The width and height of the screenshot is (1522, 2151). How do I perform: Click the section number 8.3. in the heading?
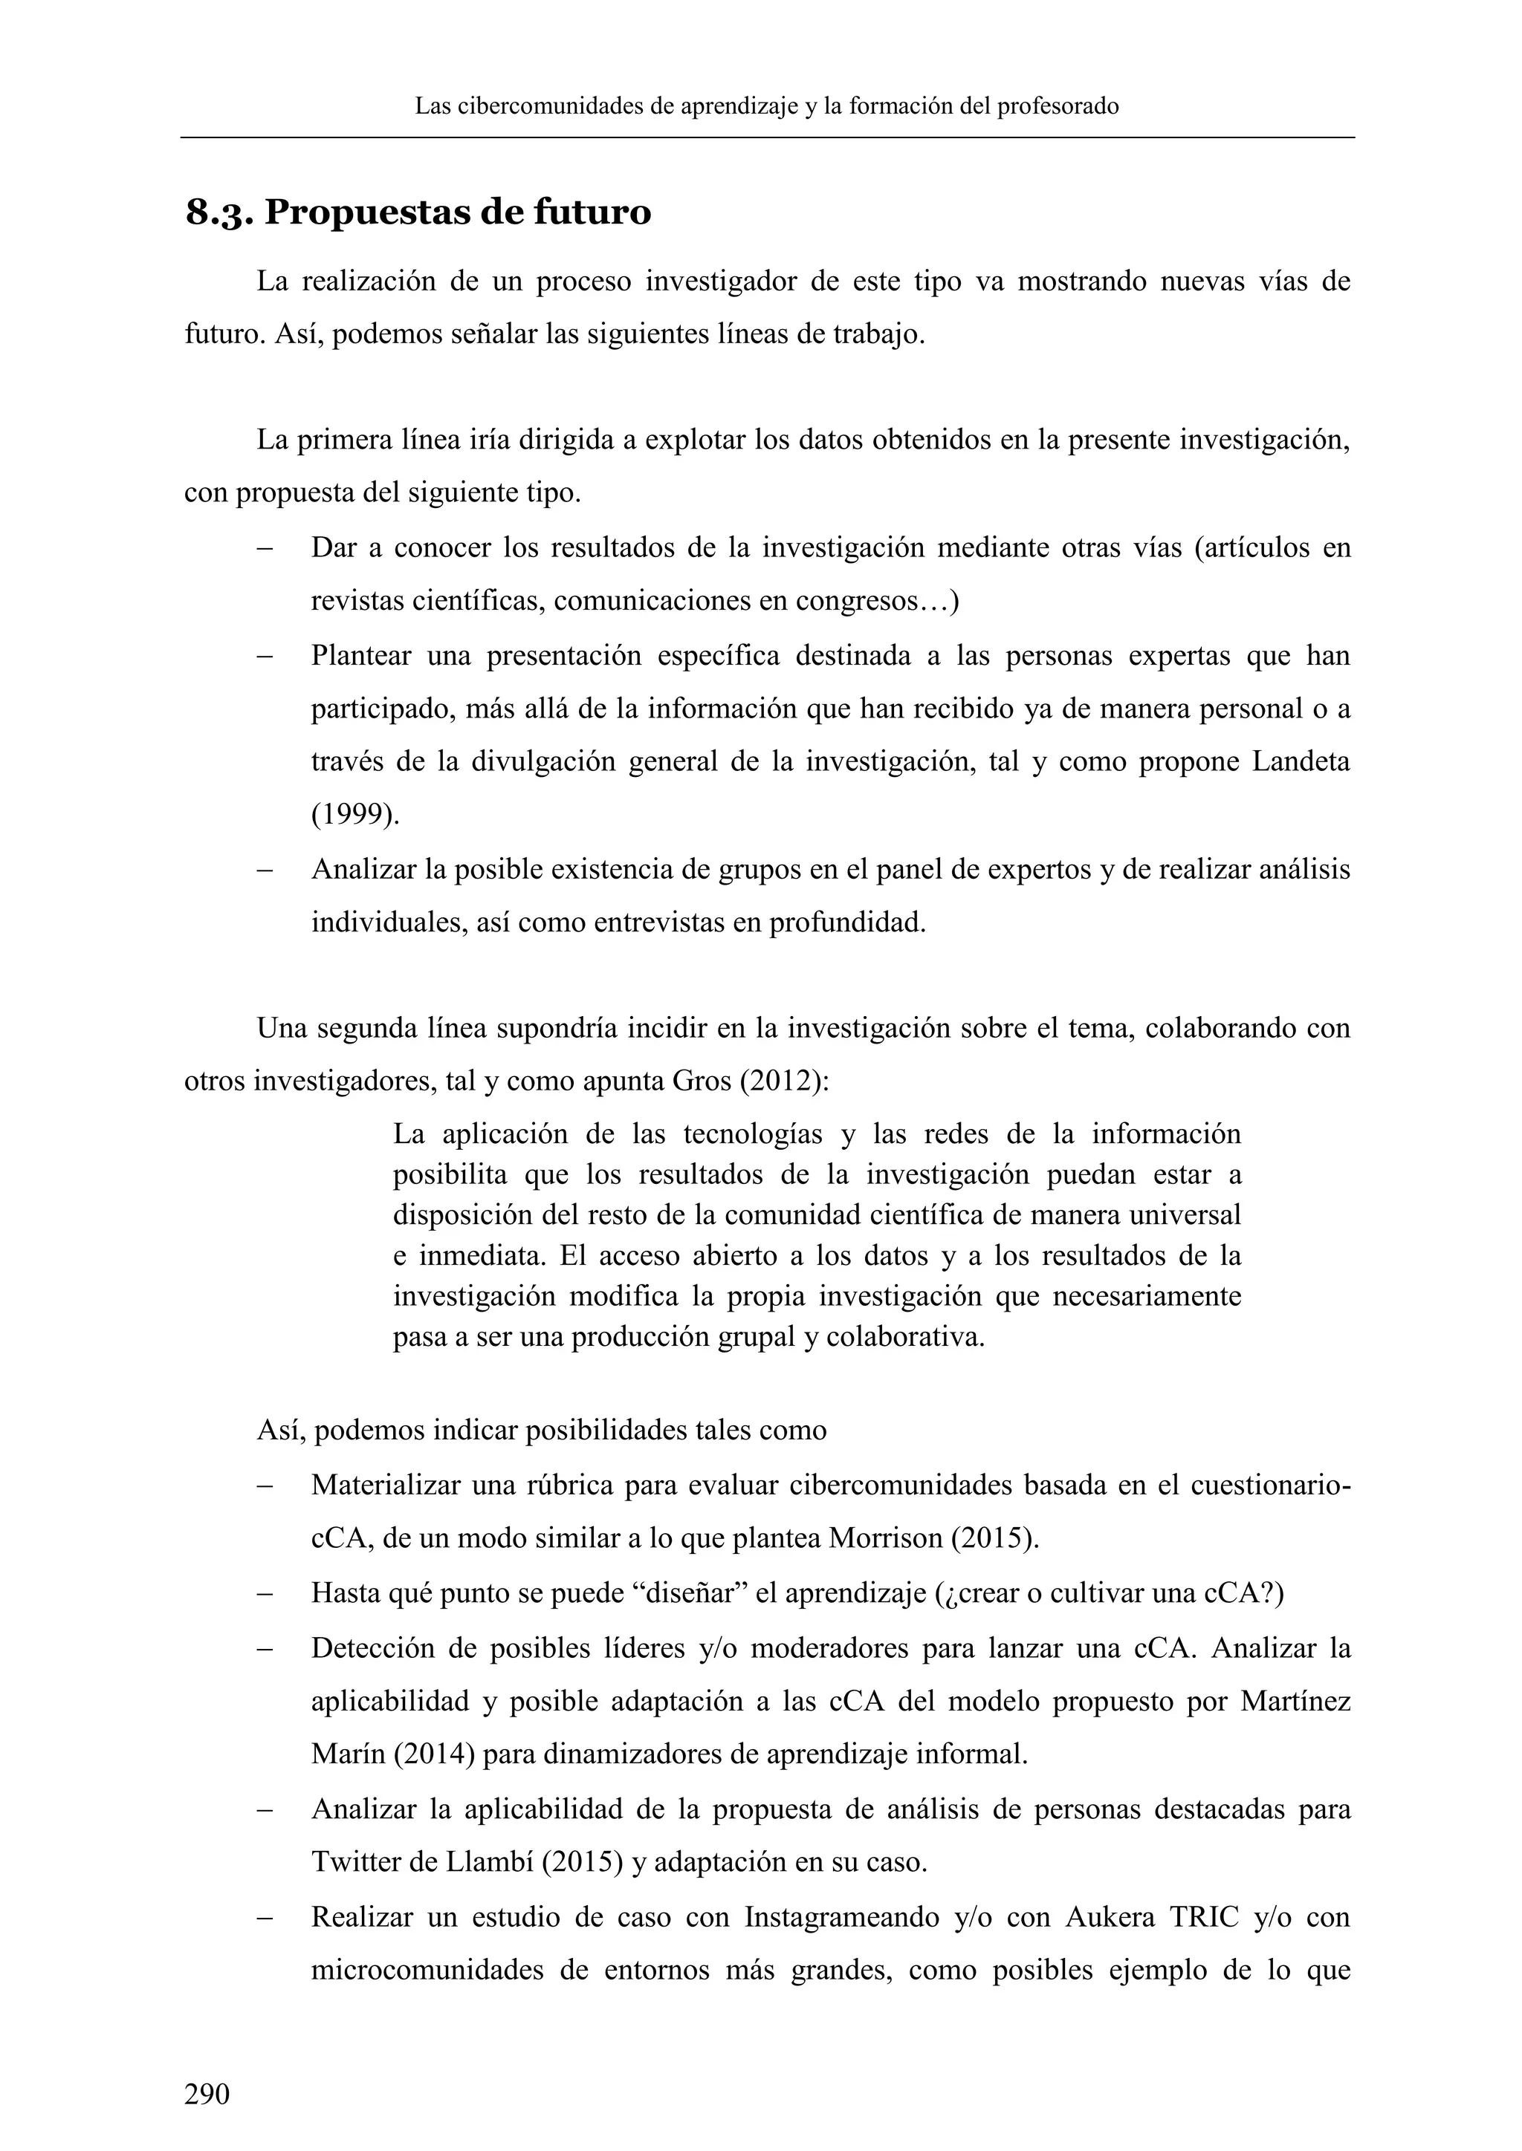pyautogui.click(x=218, y=215)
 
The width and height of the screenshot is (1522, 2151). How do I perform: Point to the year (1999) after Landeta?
pyautogui.click(x=354, y=815)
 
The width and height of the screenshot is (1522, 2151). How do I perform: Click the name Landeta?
pyautogui.click(x=1301, y=761)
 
